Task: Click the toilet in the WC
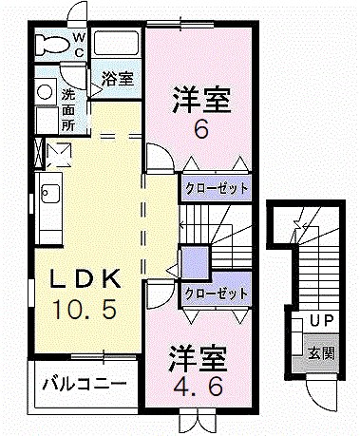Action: [49, 44]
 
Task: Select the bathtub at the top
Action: [115, 43]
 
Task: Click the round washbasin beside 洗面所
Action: [43, 92]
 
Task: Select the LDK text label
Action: [85, 279]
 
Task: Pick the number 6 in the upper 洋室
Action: [200, 131]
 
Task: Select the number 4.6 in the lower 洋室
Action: [200, 388]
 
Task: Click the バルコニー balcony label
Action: [85, 386]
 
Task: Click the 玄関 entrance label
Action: [320, 354]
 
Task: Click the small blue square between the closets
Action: [194, 260]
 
